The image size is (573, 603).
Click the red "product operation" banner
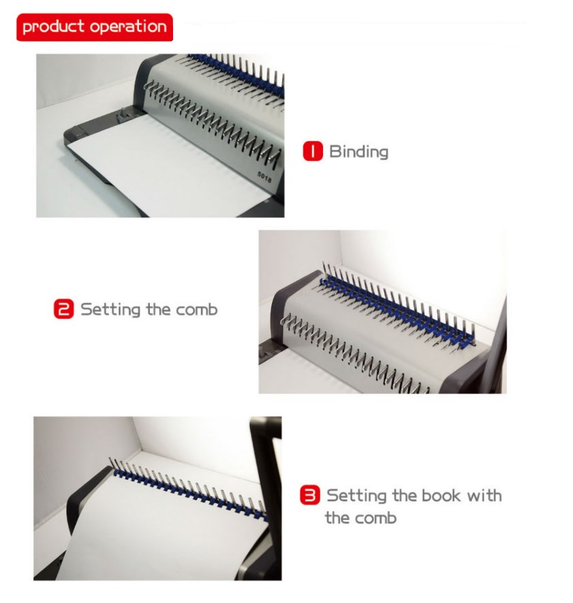click(94, 27)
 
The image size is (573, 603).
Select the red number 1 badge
click(312, 151)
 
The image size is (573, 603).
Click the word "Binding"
click(358, 151)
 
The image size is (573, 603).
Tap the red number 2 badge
click(63, 309)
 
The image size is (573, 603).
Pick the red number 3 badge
click(310, 495)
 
